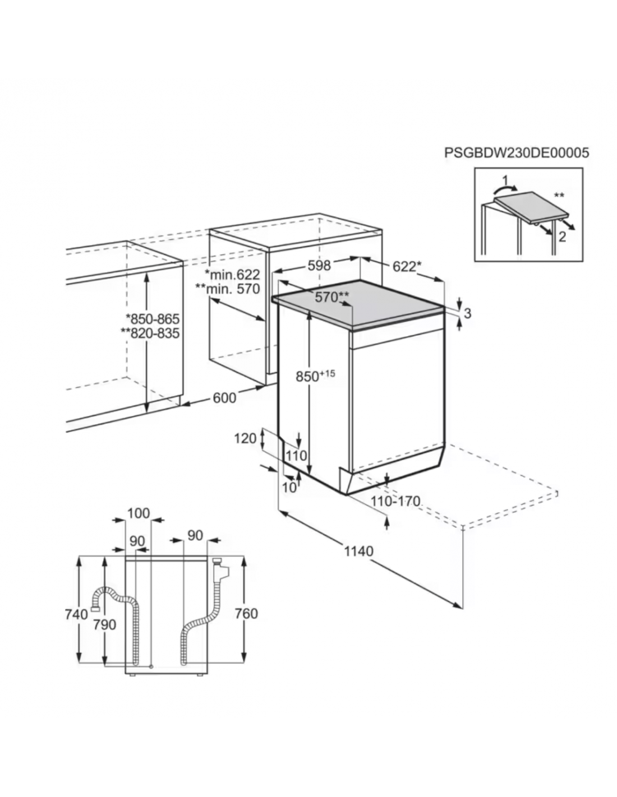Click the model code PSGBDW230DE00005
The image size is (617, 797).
pos(517,152)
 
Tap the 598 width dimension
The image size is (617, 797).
pos(319,266)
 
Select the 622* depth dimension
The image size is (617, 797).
pos(406,267)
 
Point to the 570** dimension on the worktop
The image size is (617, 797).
pos(332,296)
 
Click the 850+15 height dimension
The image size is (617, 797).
pos(315,376)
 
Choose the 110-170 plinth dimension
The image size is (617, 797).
pos(395,501)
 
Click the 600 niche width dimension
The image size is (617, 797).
pos(224,397)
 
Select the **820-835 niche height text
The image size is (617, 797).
pos(150,333)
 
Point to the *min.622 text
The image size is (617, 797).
pos(232,274)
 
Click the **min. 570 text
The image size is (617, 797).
pos(228,289)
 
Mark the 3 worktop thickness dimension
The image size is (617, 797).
pos(467,313)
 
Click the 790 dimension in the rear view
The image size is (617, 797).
pos(104,624)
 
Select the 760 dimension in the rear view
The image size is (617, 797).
pos(246,613)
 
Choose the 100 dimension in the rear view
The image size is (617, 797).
pos(139,513)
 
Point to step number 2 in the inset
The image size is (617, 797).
pos(562,237)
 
